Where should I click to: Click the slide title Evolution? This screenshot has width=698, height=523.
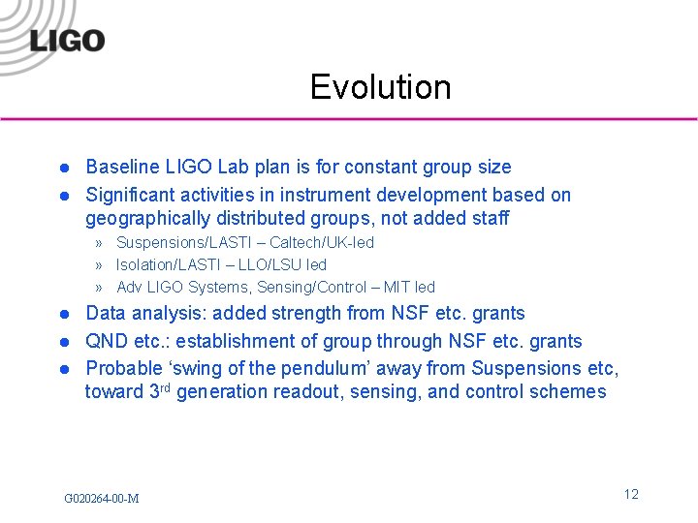click(x=380, y=87)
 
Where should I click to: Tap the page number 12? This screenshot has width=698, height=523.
click(x=631, y=494)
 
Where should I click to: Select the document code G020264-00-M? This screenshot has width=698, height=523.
click(x=101, y=498)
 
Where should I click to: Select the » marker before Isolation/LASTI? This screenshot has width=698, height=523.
click(x=100, y=265)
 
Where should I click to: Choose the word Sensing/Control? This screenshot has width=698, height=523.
click(x=318, y=287)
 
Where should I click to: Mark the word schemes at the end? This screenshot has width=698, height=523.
click(x=572, y=392)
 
